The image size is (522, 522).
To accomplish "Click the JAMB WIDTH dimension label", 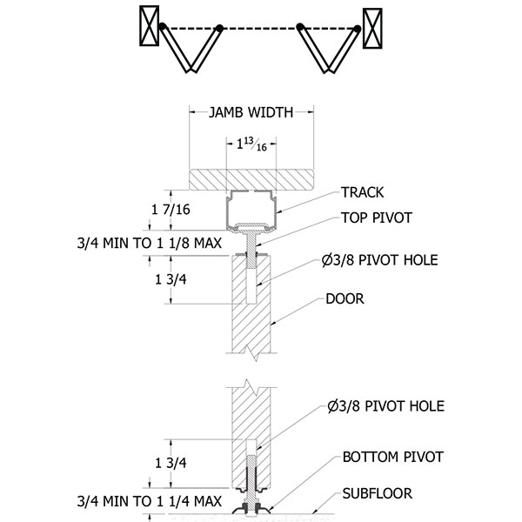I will [x=251, y=111].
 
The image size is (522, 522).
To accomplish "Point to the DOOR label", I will [x=345, y=298].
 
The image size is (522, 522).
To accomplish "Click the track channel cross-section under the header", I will [x=251, y=209].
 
